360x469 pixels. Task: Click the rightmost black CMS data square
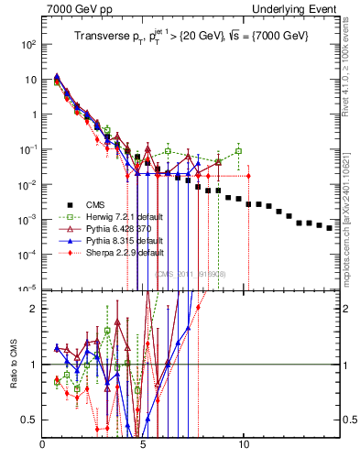click(x=330, y=228)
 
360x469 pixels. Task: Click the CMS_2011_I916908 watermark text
click(x=191, y=274)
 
